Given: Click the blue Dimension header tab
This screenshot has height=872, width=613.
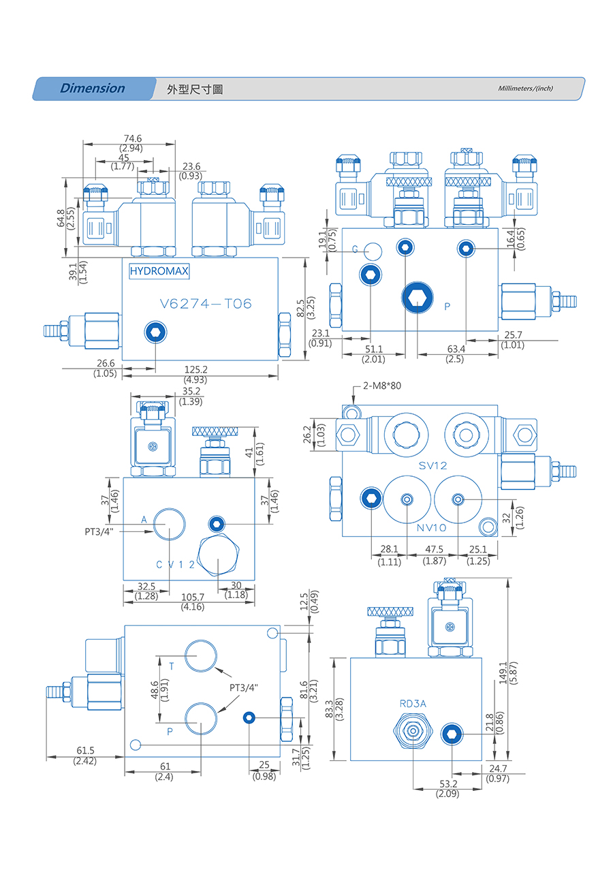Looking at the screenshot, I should pos(93,89).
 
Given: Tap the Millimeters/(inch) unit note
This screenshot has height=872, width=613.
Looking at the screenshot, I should pos(525,89).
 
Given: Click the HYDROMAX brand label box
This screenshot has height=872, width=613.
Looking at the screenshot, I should pos(159,271).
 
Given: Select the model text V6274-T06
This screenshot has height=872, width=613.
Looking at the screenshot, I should pos(205,304).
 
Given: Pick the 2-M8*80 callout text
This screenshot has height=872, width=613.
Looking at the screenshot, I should pos(382,386).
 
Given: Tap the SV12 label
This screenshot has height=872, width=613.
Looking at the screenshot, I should pos(433,465).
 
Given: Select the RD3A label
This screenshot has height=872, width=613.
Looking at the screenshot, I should pos(413,703).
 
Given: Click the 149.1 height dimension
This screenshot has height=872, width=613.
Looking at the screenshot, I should pos(503,674).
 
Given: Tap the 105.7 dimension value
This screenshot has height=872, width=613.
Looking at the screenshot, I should pos(193,597).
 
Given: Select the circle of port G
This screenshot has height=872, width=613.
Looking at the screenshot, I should pos(372,251).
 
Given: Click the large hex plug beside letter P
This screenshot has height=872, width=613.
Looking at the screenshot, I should pos(417,298).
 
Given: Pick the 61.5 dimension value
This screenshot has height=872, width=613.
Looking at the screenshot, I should pos(84,751).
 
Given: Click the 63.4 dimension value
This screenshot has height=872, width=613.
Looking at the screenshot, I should pos(455,349).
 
